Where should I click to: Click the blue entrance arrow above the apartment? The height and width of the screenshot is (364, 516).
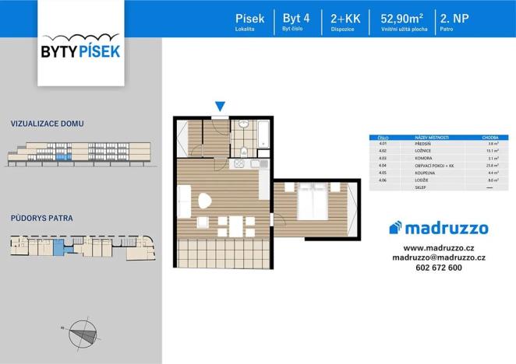tap(221, 107)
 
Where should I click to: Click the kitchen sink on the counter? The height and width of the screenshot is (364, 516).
tap(238, 163)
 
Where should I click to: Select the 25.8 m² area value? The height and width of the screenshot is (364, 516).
tap(490, 165)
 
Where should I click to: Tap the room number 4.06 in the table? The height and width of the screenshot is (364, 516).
tap(383, 179)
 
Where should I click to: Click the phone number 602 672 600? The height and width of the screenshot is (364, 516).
tap(439, 268)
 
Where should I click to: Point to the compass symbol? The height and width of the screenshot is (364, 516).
tap(82, 333)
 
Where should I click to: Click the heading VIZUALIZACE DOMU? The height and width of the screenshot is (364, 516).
tap(48, 124)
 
